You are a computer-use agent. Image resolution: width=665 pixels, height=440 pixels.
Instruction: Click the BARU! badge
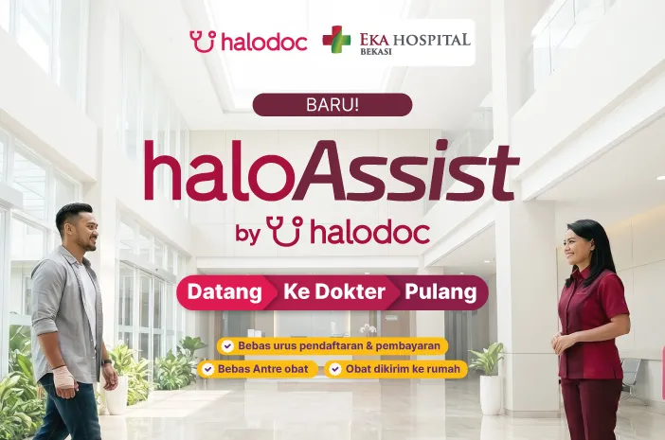(x=332, y=105)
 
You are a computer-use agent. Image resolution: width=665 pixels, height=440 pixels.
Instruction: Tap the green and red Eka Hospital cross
(x=336, y=40)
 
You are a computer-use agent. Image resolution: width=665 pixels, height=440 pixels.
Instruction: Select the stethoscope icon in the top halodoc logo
(x=203, y=41)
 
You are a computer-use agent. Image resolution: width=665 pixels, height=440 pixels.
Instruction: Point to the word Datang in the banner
(x=225, y=292)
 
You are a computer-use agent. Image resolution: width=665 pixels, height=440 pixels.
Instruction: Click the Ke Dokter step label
(x=334, y=291)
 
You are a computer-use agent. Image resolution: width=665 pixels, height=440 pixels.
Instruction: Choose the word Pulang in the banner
(x=440, y=292)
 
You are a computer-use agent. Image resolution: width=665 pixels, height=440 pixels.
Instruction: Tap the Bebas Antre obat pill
(x=258, y=369)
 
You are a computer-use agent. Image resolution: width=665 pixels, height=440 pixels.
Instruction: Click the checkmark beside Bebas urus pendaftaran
(x=227, y=346)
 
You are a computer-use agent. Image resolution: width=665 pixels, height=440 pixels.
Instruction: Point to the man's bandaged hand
(x=63, y=378)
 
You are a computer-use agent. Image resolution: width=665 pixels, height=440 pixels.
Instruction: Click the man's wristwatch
(x=106, y=362)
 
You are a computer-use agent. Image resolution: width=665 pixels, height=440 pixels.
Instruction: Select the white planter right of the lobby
(x=491, y=396)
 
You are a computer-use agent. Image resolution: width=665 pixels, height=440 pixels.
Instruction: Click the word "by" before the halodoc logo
(x=248, y=234)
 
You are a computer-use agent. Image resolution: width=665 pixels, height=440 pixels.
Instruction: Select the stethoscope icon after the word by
(x=285, y=231)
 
